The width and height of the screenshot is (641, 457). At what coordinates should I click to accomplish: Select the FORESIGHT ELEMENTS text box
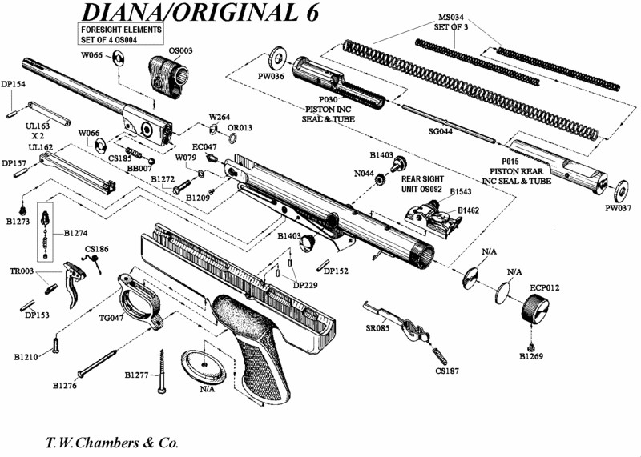[x=120, y=34]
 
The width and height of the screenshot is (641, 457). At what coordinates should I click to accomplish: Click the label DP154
[x=14, y=84]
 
